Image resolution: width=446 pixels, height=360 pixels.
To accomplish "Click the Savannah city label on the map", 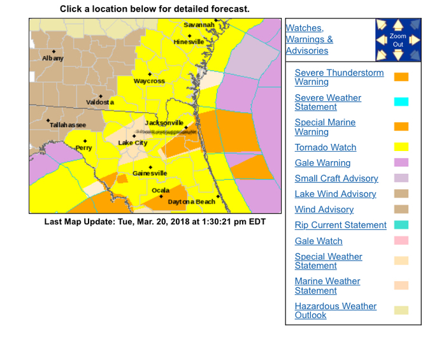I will pos(199,25).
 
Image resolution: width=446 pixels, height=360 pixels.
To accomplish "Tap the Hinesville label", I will pos(189,41).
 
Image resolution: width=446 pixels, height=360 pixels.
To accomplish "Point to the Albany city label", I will pos(53,59).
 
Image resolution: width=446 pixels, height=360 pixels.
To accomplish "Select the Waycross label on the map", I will pos(149,82).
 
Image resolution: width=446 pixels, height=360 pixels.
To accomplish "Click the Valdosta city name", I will pos(100,103).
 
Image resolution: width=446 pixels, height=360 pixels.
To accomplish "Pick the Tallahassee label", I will pos(68,125).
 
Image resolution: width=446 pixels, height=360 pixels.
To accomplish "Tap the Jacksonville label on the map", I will pos(164,122).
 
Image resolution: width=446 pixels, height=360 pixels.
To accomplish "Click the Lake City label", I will pos(133,143).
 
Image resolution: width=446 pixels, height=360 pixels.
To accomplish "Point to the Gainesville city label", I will pos(150,173).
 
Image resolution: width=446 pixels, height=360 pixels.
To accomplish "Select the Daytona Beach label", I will pos(191,202).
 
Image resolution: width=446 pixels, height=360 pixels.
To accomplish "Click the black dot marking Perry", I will pos(84,141).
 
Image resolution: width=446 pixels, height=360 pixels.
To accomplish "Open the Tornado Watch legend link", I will pos(325,147).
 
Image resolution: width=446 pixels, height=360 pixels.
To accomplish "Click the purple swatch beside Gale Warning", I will pos(401,162).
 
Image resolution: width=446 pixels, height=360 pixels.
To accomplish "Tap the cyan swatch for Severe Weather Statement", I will pos(401,102).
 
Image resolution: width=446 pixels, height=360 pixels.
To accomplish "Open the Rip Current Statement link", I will pos(340,225).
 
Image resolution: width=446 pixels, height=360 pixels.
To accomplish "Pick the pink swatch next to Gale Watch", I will pos(401,241).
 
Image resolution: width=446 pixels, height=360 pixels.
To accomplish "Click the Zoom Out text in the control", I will pos(398,40).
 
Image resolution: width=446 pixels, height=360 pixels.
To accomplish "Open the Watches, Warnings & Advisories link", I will pos(309,40).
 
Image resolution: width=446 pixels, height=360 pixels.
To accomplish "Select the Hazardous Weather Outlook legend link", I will pos(335,310).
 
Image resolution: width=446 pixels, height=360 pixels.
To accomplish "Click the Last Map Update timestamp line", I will pos(155,222).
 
